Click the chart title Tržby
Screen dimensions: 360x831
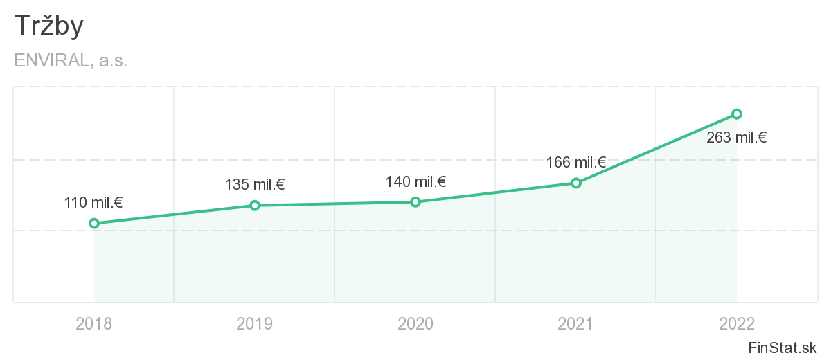48,26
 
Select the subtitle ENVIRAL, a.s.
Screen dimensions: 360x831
71,60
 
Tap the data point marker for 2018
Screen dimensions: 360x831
94,223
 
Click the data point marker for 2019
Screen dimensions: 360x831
255,205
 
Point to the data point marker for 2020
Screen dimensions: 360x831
415,201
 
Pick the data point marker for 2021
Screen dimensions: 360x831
576,183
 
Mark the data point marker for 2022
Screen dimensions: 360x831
737,114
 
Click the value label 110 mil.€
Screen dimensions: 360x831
93,203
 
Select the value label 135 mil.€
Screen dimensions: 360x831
255,185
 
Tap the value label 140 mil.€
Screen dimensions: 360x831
415,182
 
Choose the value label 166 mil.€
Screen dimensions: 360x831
576,163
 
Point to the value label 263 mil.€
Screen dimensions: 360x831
736,138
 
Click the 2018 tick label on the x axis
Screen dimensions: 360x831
94,323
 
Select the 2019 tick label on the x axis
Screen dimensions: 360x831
255,323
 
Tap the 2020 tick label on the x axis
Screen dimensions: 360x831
415,323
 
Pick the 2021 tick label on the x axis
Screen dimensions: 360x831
576,323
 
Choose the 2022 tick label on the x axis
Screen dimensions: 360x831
737,323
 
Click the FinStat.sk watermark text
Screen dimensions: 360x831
783,347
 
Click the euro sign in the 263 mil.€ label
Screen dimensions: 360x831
762,138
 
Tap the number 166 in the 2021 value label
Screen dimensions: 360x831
558,163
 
